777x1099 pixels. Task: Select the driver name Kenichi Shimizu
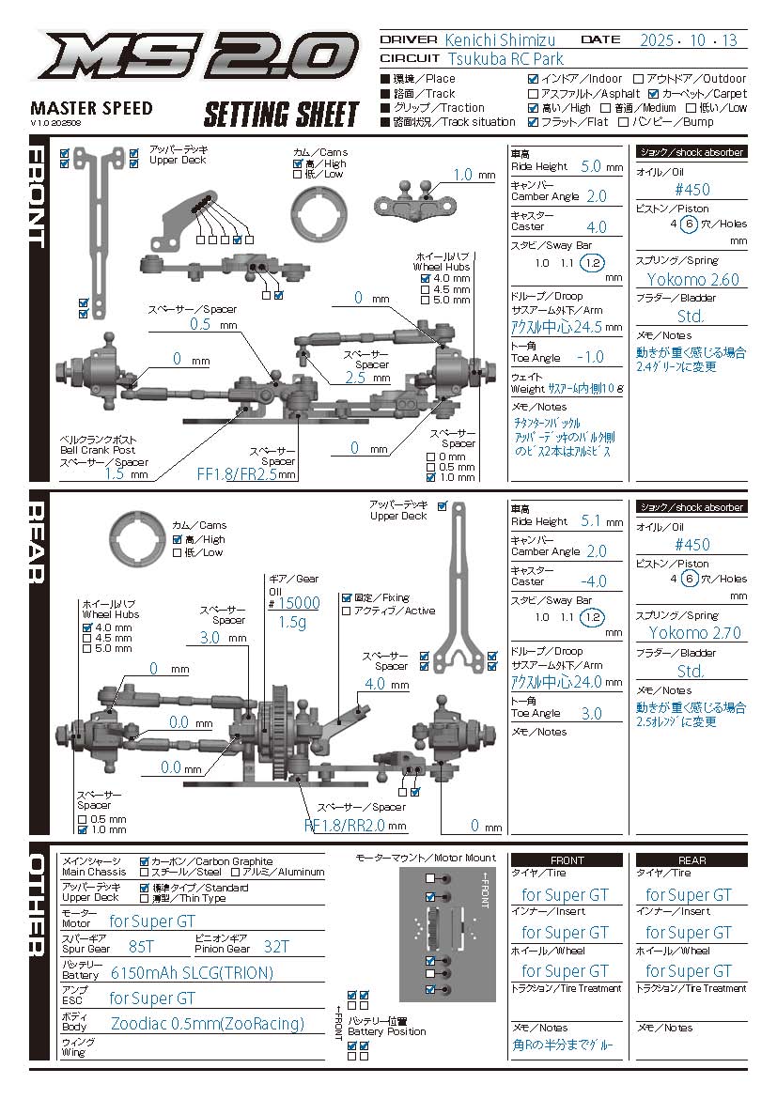click(500, 39)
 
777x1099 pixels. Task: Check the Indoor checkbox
click(534, 80)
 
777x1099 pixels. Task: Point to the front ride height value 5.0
click(591, 166)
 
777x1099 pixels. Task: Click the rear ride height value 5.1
click(591, 520)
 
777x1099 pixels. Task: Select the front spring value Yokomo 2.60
click(692, 279)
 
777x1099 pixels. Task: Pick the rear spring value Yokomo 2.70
click(693, 632)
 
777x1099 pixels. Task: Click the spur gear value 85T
click(141, 946)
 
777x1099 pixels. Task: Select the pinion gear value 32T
click(276, 946)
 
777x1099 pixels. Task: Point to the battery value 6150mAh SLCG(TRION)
click(192, 972)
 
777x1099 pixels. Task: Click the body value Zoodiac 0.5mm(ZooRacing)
click(208, 1023)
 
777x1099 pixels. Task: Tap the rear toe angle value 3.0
click(591, 713)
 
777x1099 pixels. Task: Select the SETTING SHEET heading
click(282, 115)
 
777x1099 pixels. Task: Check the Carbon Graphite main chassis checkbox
click(145, 861)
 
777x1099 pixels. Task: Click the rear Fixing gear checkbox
click(347, 597)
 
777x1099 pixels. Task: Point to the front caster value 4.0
click(596, 226)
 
